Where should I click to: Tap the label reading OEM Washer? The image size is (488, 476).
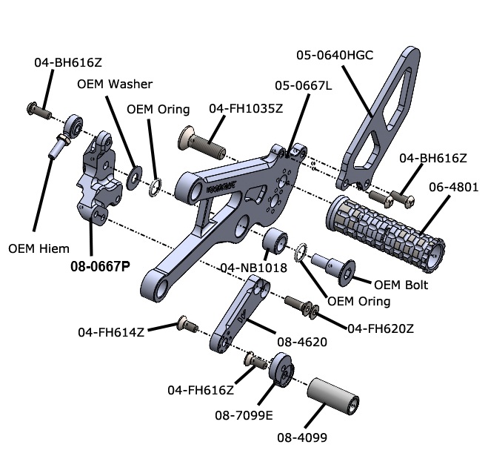click(x=115, y=84)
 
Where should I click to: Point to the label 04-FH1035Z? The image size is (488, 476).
click(x=246, y=108)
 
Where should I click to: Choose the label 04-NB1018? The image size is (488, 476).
click(x=253, y=268)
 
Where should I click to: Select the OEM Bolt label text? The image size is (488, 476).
click(x=401, y=284)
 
